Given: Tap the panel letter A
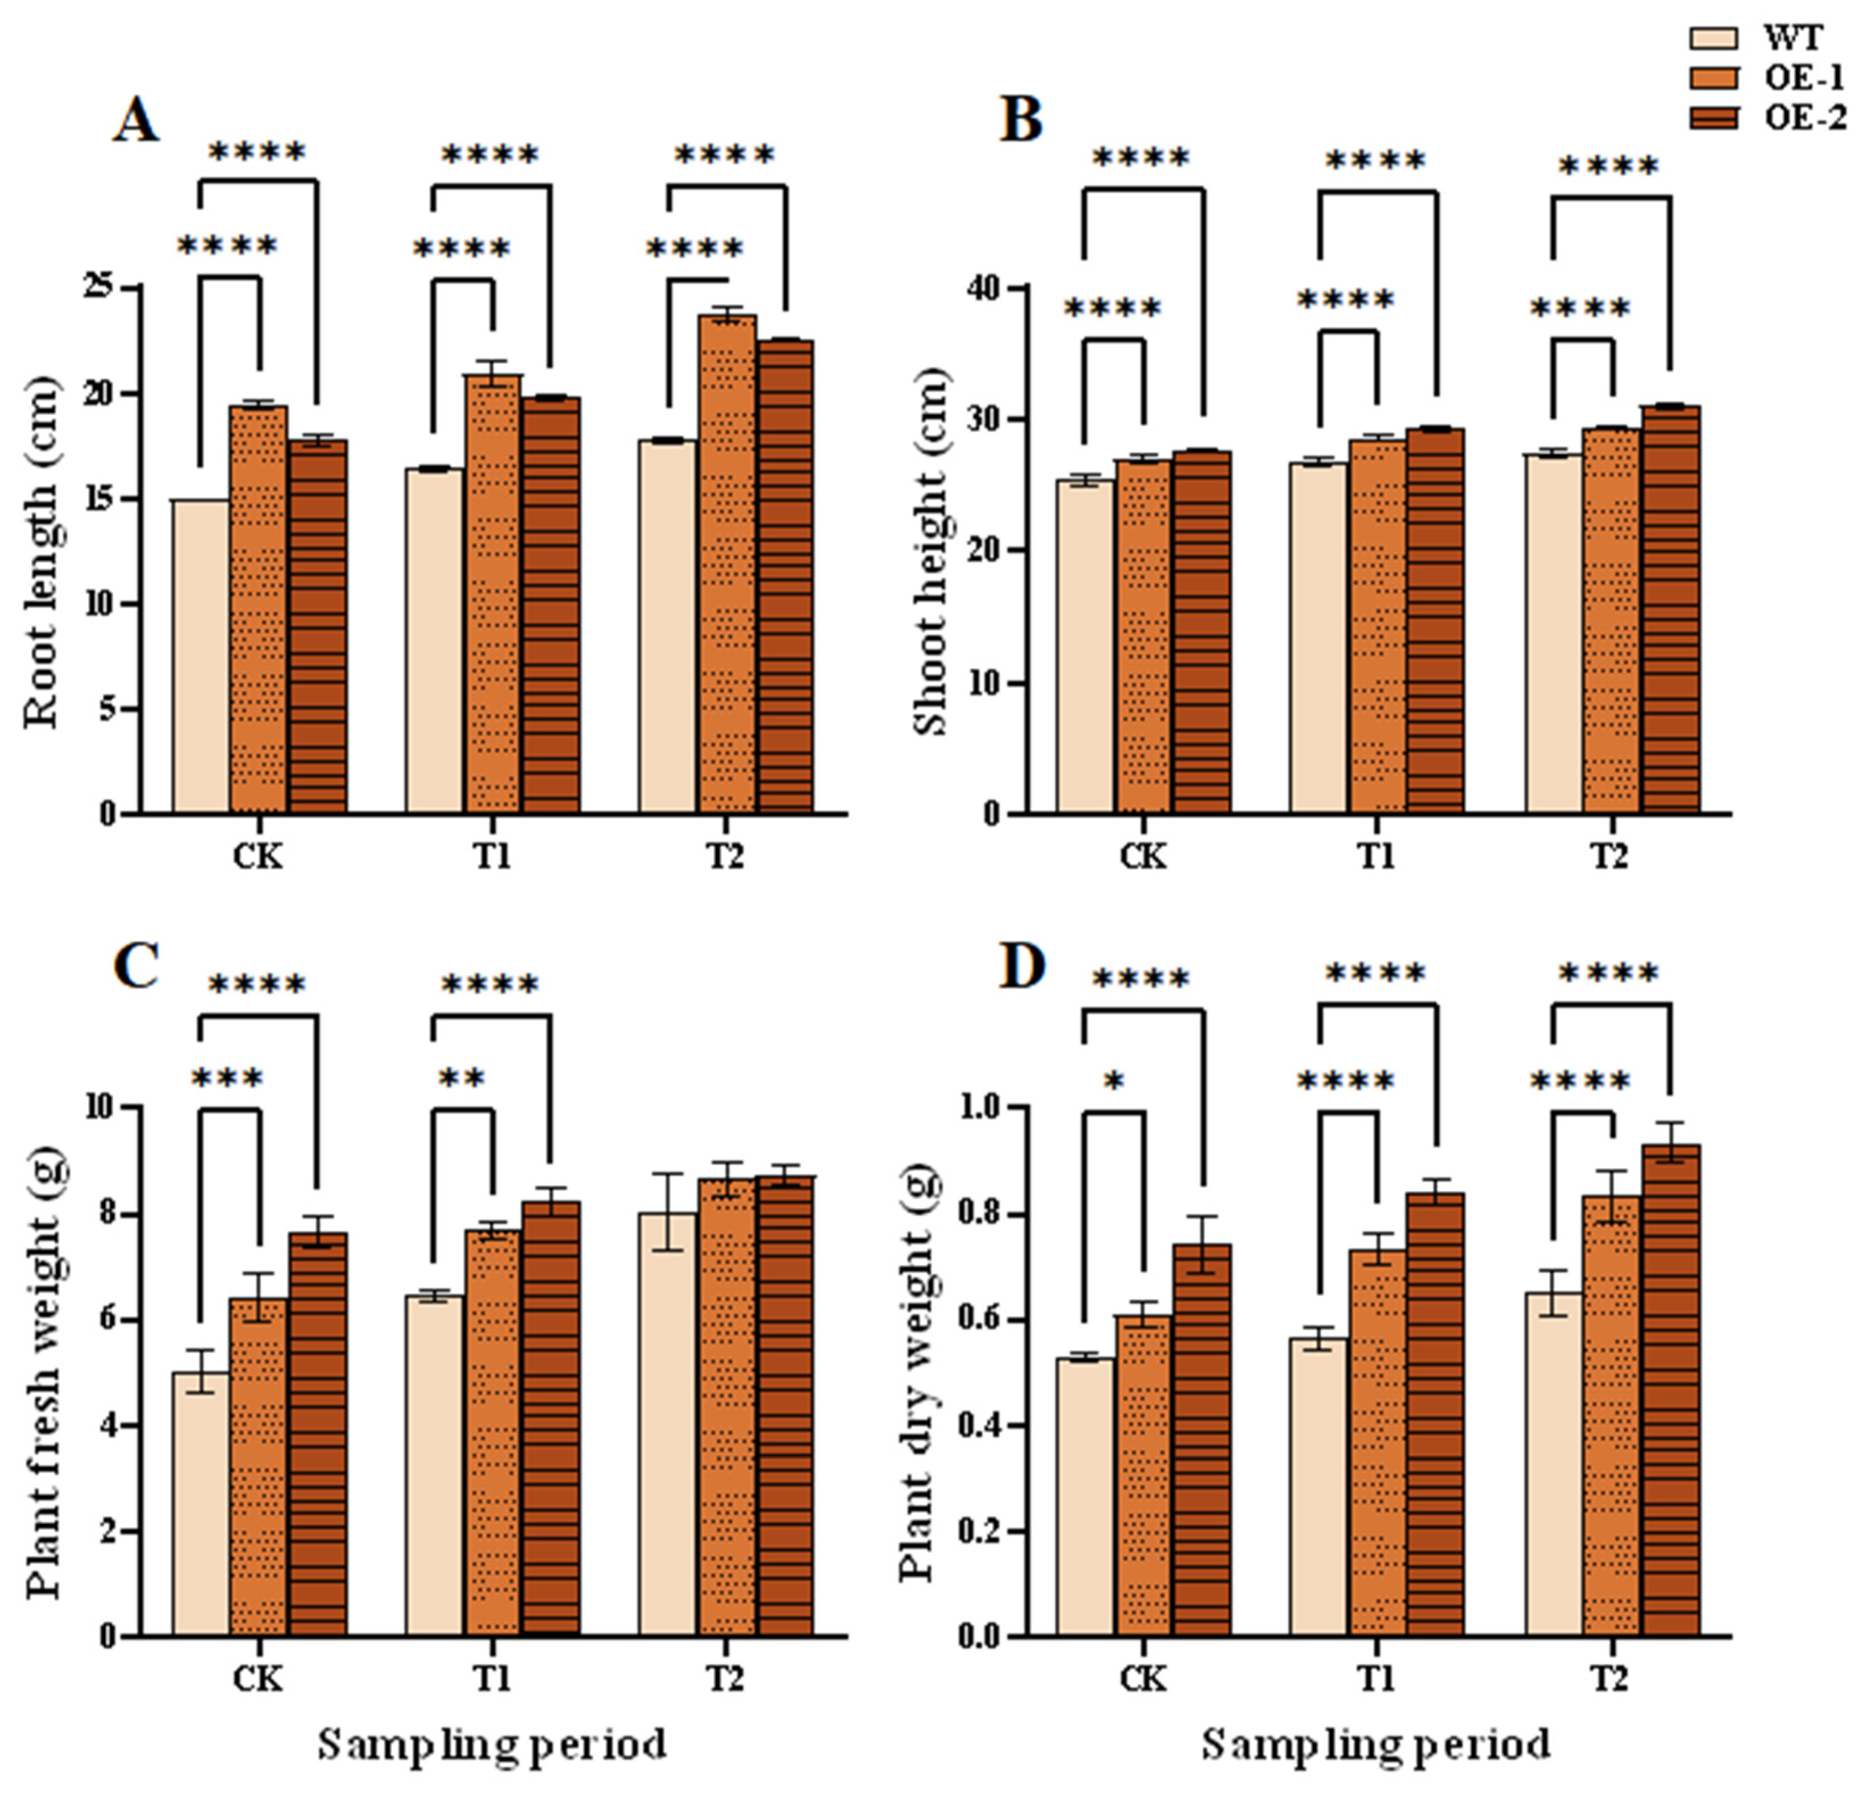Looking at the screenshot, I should (136, 122).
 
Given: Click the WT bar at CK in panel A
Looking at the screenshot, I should (201, 654).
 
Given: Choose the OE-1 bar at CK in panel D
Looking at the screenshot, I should (1143, 1475).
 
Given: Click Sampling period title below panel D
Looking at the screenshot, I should (1376, 1744).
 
